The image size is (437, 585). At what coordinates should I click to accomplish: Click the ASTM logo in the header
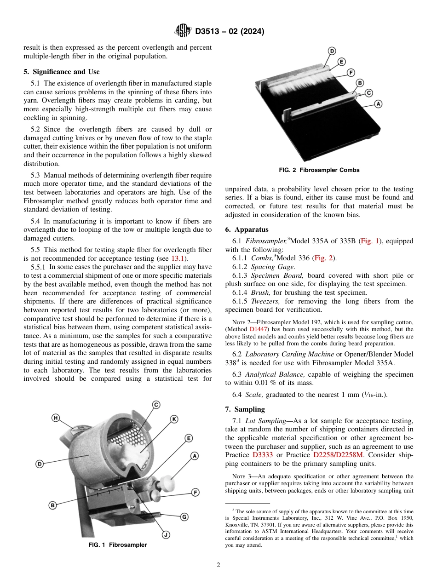pyautogui.click(x=183, y=31)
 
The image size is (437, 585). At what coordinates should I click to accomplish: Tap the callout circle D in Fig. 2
pyautogui.click(x=332, y=52)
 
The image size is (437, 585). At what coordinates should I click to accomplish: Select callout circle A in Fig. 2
pyautogui.click(x=378, y=104)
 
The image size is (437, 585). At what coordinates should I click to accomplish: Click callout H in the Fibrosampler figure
pyautogui.click(x=56, y=418)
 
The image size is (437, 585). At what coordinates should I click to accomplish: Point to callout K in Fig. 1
pyautogui.click(x=174, y=419)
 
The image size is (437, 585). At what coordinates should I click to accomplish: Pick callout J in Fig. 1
pyautogui.click(x=166, y=534)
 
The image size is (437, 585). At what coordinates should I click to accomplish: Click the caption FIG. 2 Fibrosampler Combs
pyautogui.click(x=319, y=170)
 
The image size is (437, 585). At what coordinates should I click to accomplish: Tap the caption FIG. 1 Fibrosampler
pyautogui.click(x=117, y=545)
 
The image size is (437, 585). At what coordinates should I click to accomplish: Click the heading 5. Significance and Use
pyautogui.click(x=61, y=72)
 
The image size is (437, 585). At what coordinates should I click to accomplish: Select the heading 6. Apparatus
pyautogui.click(x=247, y=229)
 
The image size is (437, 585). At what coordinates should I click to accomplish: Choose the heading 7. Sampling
pyautogui.click(x=245, y=409)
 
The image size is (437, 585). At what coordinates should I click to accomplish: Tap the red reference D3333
pyautogui.click(x=263, y=455)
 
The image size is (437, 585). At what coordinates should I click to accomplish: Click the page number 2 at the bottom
pyautogui.click(x=218, y=565)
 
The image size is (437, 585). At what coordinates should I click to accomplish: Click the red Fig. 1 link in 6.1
pyautogui.click(x=368, y=241)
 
